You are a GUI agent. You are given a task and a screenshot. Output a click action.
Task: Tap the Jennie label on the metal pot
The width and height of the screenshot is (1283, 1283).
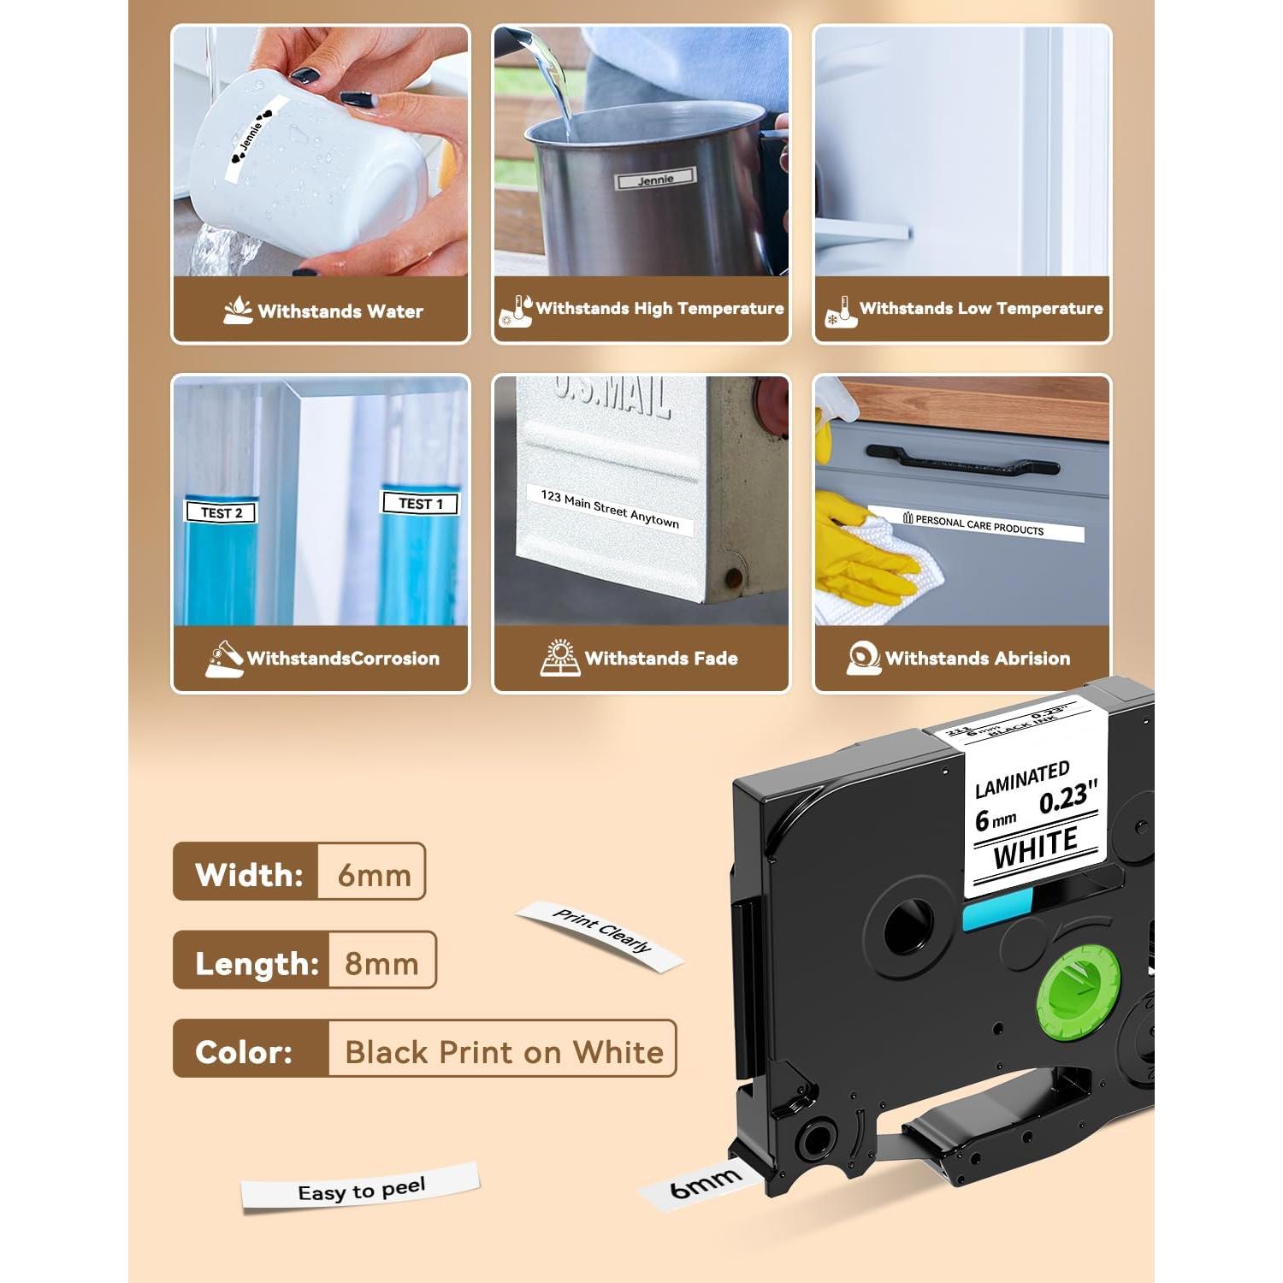(656, 180)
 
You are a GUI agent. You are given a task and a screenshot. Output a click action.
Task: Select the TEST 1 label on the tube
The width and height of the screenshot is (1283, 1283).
(420, 503)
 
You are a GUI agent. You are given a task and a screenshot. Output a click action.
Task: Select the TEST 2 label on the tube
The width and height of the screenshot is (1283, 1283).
(221, 512)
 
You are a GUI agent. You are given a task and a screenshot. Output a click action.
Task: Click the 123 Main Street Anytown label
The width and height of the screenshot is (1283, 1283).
(609, 509)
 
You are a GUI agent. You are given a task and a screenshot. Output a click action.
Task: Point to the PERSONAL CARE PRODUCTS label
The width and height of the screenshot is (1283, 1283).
(975, 523)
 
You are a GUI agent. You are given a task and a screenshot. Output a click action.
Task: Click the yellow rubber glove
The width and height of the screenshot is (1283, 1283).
(855, 547)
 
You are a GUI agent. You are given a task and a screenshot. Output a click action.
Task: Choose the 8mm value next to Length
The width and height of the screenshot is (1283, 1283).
(381, 963)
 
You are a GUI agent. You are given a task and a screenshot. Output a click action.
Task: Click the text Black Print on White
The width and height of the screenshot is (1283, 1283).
(504, 1051)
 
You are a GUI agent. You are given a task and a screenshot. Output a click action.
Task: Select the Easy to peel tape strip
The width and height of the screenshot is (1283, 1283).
(360, 1189)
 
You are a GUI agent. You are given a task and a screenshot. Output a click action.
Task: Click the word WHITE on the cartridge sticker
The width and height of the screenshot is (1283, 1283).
(1035, 847)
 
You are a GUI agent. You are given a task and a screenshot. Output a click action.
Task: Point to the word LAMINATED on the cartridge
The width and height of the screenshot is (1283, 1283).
(1021, 779)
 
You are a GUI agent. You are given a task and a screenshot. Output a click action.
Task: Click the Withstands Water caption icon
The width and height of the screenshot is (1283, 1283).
(237, 310)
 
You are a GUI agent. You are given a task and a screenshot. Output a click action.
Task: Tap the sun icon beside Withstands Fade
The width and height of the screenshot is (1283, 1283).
(560, 657)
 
